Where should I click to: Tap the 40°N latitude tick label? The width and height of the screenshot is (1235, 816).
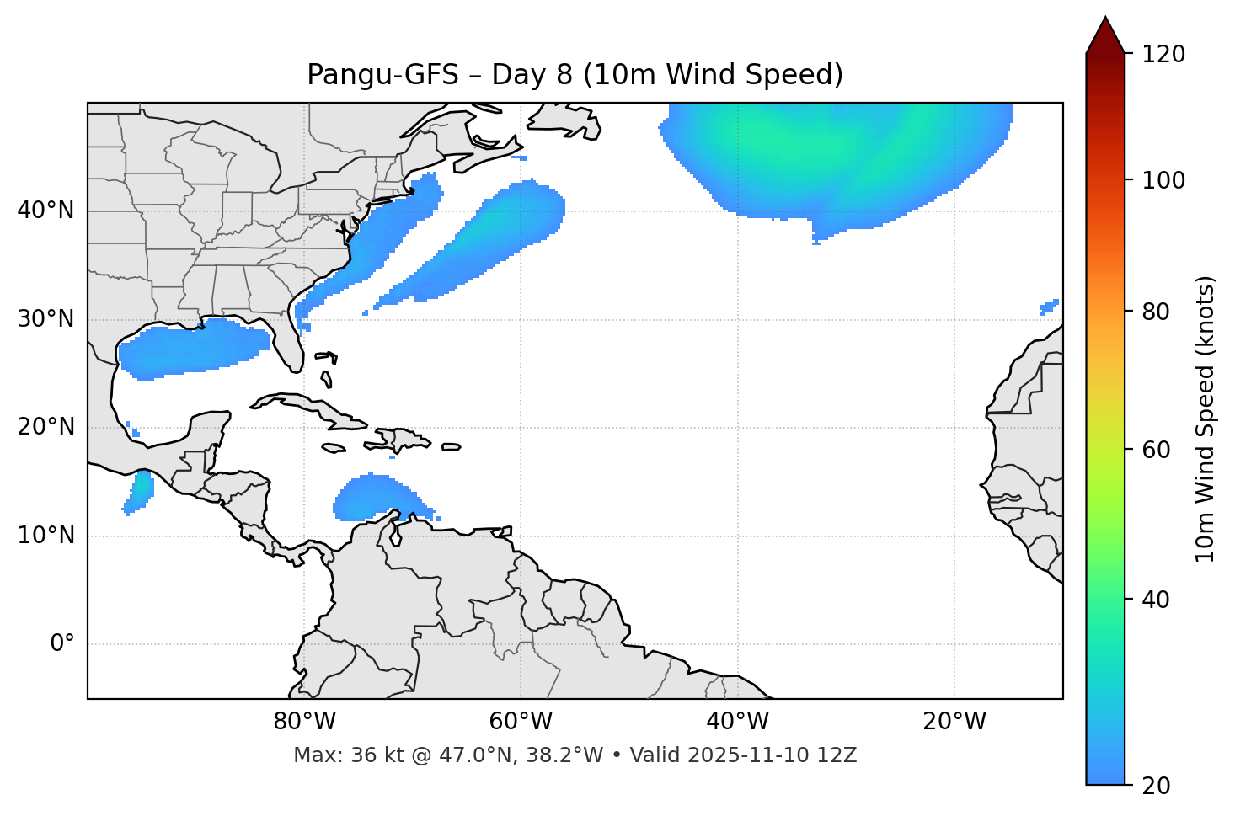(45, 211)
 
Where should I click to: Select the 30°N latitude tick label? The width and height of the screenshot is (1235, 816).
(45, 319)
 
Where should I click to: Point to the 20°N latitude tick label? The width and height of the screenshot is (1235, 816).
(45, 427)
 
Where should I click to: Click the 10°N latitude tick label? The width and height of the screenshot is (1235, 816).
(45, 536)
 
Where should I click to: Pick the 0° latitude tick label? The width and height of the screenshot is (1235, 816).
(62, 644)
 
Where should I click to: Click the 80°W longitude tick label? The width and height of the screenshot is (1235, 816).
(304, 722)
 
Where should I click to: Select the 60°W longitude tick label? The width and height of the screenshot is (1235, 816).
(521, 722)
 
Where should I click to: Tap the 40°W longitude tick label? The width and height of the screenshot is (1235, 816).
(737, 722)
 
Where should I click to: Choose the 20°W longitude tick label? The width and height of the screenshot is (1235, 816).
(954, 722)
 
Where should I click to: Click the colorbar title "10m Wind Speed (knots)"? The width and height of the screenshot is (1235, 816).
(1206, 419)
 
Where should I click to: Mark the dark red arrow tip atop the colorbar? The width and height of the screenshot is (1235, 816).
(1105, 34)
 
